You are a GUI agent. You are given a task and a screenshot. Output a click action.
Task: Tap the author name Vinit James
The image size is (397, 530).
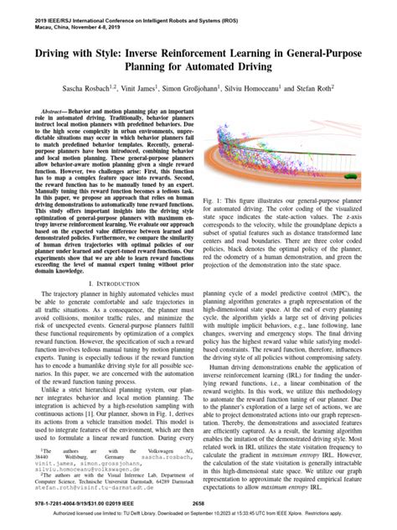click(159, 86)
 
